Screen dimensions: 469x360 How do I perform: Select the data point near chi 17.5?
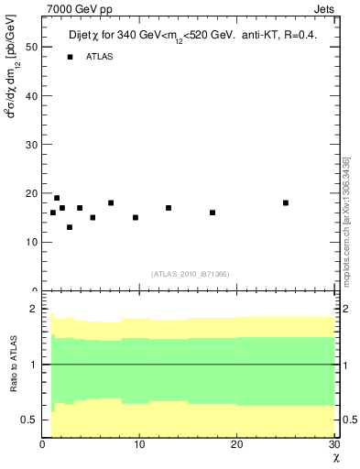[213, 213]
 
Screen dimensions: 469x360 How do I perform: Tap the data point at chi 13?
[169, 208]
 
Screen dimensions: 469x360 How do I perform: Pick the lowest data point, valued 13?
[70, 227]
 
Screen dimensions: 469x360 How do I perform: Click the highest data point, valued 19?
[57, 198]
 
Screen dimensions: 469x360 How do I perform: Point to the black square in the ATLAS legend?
[70, 57]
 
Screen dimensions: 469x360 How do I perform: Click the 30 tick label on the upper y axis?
[31, 145]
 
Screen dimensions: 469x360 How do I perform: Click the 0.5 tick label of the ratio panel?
[28, 420]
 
